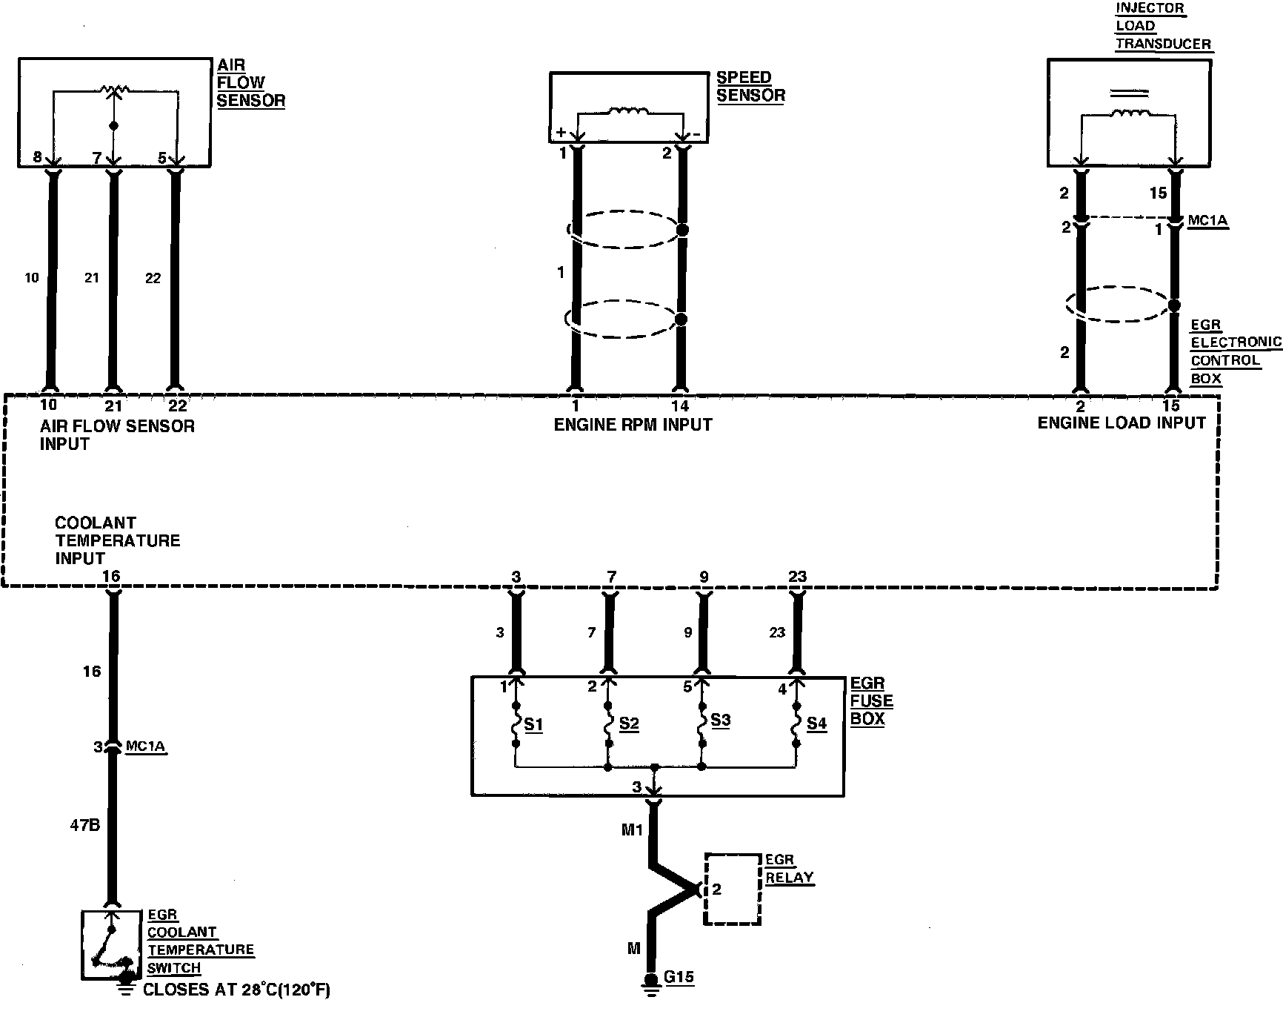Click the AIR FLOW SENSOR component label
tap(250, 83)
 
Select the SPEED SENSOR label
tap(750, 87)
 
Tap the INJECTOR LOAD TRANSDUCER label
tap(1162, 26)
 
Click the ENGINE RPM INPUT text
tap(633, 425)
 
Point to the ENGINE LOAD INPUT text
tap(1121, 423)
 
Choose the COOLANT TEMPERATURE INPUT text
tap(117, 540)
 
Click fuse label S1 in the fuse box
tap(533, 724)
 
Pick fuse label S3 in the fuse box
tap(720, 720)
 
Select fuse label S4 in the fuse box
tap(816, 723)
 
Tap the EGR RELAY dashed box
tap(733, 889)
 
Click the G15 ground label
tap(679, 976)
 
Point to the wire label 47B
tap(84, 824)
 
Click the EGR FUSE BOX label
tap(871, 701)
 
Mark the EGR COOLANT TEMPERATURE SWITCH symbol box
tap(111, 945)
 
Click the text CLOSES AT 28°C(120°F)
tap(236, 990)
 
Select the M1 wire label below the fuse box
tap(632, 830)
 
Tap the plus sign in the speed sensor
tap(560, 133)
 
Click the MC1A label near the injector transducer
tap(1207, 221)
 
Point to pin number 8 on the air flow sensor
tap(37, 158)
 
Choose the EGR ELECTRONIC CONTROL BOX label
tap(1235, 352)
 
